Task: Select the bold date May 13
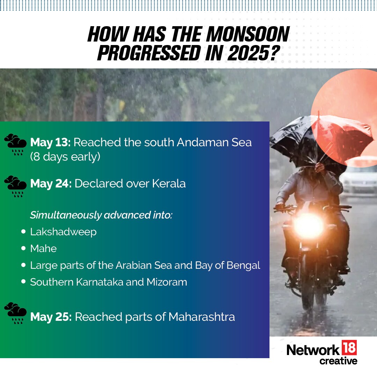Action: (x=50, y=142)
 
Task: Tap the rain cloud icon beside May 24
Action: (x=15, y=185)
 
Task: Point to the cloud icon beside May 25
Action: (x=15, y=312)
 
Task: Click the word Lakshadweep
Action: (x=63, y=232)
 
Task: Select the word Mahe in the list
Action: (x=43, y=249)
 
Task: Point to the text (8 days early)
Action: (x=65, y=157)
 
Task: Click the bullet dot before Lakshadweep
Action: (x=23, y=231)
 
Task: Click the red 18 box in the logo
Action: (x=349, y=348)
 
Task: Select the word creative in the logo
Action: (x=338, y=361)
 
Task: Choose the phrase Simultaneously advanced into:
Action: (x=101, y=215)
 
